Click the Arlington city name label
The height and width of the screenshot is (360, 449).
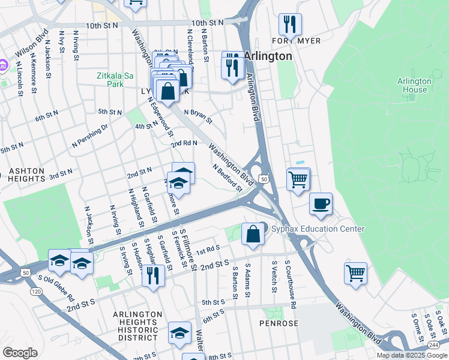268,56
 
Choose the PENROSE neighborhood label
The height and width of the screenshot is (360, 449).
279,323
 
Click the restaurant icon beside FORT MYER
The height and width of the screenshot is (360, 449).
289,25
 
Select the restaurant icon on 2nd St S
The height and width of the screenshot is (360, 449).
153,275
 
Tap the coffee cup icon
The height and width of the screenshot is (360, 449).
321,203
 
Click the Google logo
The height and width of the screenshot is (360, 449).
20,352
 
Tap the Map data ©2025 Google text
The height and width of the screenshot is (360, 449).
412,355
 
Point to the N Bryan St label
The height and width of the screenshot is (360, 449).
198,115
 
